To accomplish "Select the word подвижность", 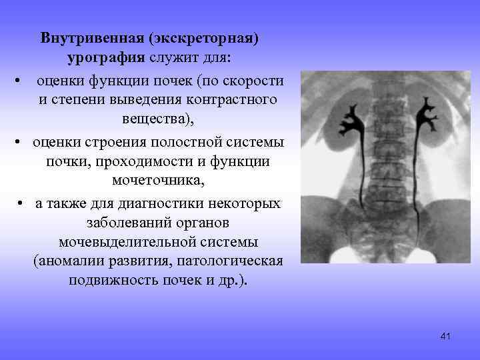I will tap(113, 279).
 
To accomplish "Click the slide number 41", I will tap(446, 337).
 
